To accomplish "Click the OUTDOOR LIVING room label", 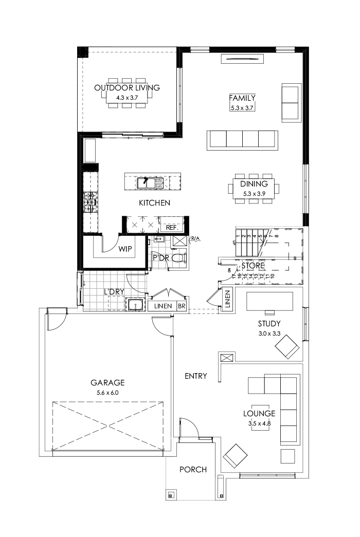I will click(x=127, y=88).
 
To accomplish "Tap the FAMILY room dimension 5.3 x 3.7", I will click(x=242, y=107).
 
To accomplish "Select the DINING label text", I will click(x=254, y=184).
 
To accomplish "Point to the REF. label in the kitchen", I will click(x=171, y=227).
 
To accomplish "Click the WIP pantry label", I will click(x=125, y=249).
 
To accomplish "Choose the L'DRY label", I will click(x=114, y=292).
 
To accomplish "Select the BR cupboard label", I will click(x=182, y=306).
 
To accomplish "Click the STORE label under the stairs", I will click(x=254, y=266).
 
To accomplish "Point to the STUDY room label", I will click(x=269, y=324).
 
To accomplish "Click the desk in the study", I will click(x=269, y=301).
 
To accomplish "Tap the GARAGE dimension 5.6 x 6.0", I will click(x=107, y=393).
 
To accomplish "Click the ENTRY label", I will click(x=196, y=376).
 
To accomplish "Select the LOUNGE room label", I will click(x=259, y=414).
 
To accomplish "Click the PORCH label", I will click(x=193, y=470).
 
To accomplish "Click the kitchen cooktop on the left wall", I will click(x=91, y=202).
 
